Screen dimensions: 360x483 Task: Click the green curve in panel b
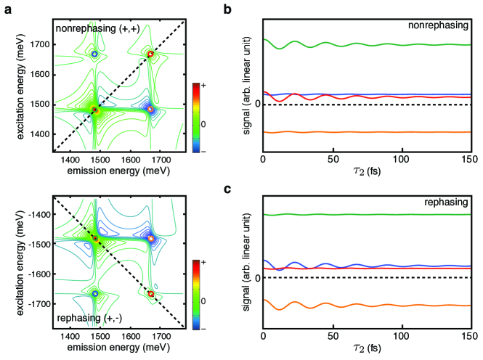pos(363,46)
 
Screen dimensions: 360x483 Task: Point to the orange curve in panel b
pos(363,132)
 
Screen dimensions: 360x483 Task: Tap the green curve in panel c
pos(363,215)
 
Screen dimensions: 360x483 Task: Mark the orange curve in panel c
pos(363,306)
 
